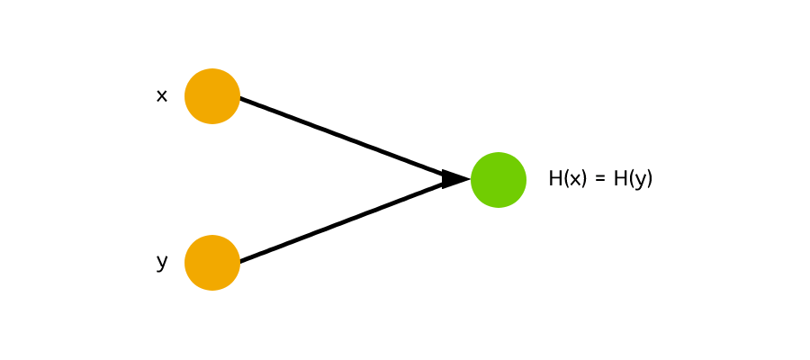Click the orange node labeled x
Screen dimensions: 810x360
click(212, 96)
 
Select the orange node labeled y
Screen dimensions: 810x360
click(212, 263)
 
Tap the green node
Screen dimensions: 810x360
click(499, 180)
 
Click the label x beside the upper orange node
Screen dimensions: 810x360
click(162, 95)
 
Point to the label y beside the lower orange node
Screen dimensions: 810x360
click(162, 262)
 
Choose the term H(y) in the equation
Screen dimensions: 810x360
click(633, 179)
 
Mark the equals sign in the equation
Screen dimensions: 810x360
click(600, 180)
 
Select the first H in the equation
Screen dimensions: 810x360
click(554, 179)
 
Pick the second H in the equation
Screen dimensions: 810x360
click(620, 179)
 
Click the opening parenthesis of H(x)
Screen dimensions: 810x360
click(564, 179)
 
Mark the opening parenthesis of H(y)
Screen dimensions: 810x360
click(630, 179)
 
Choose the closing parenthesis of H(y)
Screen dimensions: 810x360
click(649, 179)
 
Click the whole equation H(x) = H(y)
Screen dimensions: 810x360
click(600, 179)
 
